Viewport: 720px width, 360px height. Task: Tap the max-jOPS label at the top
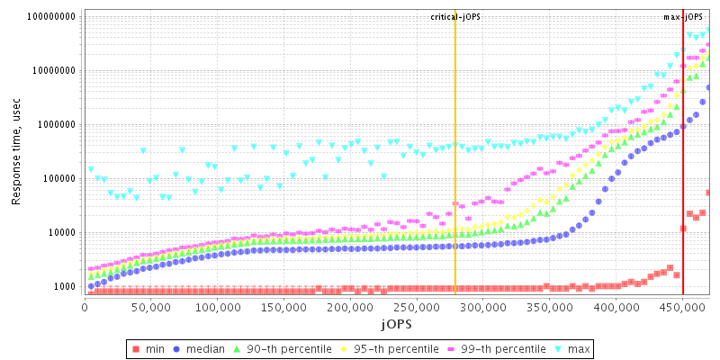point(683,17)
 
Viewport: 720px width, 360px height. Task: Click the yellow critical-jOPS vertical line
point(455,180)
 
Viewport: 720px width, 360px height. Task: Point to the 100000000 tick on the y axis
point(51,17)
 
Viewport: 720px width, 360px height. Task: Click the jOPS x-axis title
point(396,323)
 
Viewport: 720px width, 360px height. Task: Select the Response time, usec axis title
point(16,153)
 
